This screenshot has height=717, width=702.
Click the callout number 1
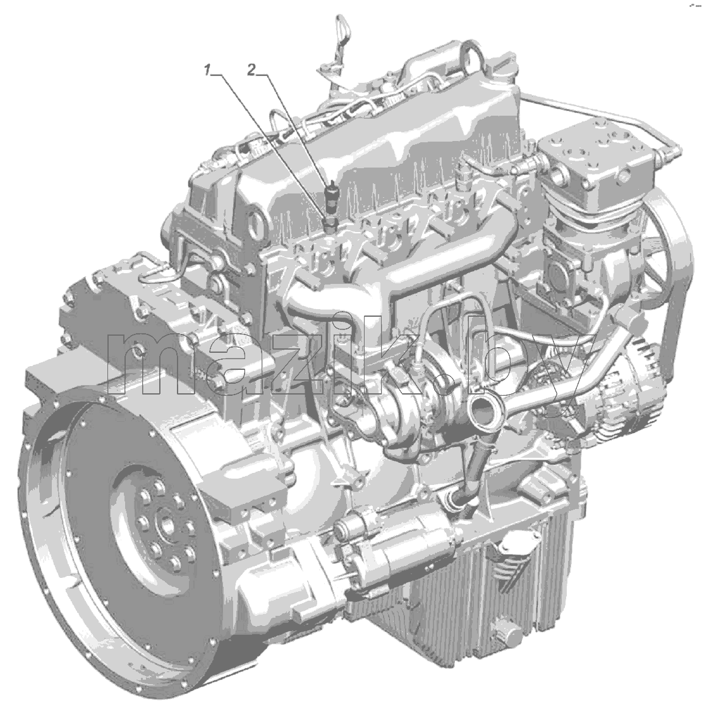click(x=208, y=70)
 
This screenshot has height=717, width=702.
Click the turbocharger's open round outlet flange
click(x=485, y=405)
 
